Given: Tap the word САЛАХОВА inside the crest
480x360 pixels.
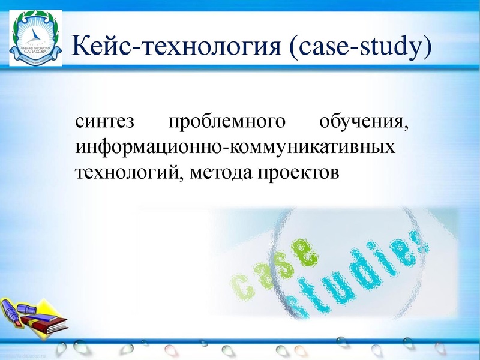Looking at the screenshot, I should (x=34, y=51).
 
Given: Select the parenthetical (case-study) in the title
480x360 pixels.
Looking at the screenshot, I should (x=359, y=47).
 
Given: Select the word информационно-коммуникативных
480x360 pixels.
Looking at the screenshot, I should (x=235, y=147).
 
